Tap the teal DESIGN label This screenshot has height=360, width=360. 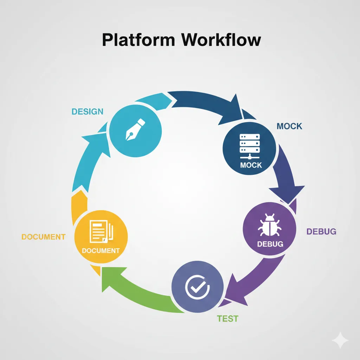88,112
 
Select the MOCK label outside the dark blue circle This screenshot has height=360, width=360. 289,126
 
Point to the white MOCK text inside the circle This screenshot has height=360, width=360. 251,165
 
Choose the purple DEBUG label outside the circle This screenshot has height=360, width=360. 321,231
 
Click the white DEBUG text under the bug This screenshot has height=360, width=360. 270,244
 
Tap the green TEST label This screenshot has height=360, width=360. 227,319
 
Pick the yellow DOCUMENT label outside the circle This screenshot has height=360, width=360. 43,237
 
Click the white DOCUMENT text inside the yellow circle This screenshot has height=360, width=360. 101,251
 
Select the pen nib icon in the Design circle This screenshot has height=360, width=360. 135,130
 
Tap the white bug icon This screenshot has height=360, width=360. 269,225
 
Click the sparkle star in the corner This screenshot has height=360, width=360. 340,340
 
